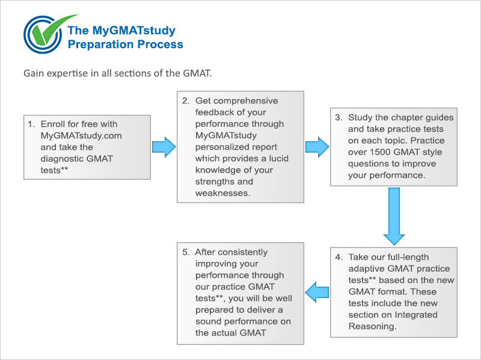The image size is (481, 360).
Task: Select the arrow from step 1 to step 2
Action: tap(164, 147)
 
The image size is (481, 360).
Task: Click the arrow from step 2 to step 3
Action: tap(317, 147)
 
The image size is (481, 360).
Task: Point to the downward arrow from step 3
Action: tap(394, 216)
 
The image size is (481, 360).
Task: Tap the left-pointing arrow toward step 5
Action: tap(317, 292)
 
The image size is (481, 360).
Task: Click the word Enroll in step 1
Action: tap(53, 124)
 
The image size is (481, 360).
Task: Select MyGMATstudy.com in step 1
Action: tap(81, 136)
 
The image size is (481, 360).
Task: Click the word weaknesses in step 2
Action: tap(222, 193)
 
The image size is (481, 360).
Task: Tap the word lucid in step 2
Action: tap(279, 159)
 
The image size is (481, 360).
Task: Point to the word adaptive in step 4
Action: tap(367, 269)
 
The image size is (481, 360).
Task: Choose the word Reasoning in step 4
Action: tap(372, 326)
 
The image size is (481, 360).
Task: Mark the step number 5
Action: tap(186, 252)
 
